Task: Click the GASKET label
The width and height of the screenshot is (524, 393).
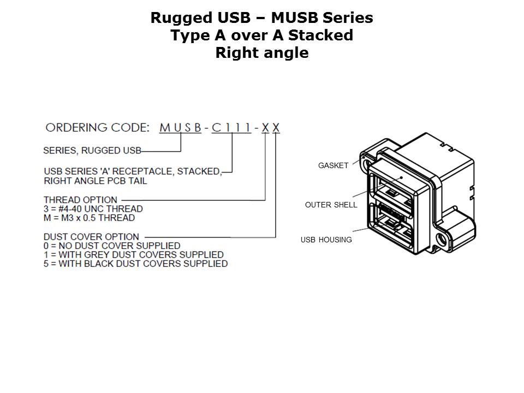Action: [x=333, y=165]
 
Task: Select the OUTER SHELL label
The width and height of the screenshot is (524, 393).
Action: [x=331, y=205]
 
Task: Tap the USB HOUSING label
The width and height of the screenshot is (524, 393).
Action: [x=326, y=240]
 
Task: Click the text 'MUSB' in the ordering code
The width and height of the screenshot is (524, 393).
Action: [x=181, y=128]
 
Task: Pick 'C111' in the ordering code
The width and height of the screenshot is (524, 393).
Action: [x=231, y=128]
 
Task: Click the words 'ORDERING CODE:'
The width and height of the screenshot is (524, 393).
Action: [x=97, y=128]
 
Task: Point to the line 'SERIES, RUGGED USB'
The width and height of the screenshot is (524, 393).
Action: [x=92, y=151]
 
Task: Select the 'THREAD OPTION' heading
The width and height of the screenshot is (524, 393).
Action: [x=80, y=200]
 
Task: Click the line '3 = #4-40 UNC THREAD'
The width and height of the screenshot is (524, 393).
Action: [x=93, y=209]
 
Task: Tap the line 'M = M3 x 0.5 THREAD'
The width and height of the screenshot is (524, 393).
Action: [x=89, y=218]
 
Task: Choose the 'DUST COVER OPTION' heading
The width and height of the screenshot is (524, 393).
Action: [x=91, y=237]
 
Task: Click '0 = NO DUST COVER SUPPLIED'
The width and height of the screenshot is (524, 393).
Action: [x=112, y=246]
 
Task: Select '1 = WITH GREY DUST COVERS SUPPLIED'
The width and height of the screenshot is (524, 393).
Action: [x=134, y=254]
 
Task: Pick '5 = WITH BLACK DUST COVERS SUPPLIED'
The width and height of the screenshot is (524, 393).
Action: [x=135, y=264]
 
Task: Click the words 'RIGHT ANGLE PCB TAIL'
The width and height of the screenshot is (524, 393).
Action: [x=96, y=181]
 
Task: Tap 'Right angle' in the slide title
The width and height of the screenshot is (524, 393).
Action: [x=262, y=53]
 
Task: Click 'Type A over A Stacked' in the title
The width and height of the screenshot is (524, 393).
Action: [x=262, y=36]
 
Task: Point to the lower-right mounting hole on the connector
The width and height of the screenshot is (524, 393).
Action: [x=442, y=239]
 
